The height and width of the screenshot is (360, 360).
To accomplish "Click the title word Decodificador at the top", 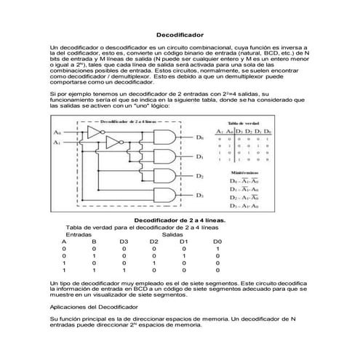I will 180,34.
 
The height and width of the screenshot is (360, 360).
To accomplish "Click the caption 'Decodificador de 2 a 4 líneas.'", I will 180,219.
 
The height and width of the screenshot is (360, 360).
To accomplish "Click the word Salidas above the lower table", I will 172,234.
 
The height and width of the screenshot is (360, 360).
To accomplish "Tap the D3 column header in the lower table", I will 124,241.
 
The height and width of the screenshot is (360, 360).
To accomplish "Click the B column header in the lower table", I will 94,241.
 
